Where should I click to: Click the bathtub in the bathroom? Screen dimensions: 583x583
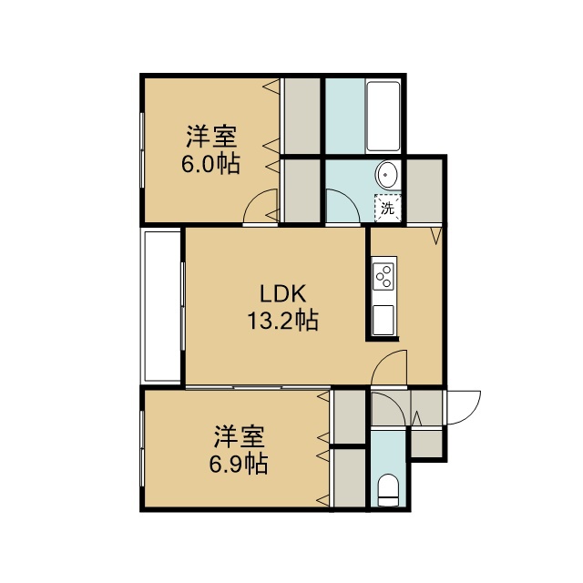tap(383, 116)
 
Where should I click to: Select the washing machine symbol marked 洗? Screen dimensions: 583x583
tap(388, 209)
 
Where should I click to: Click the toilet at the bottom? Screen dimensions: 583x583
tap(388, 489)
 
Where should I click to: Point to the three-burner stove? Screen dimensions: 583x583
tap(384, 276)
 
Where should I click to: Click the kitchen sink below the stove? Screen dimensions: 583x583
tap(384, 320)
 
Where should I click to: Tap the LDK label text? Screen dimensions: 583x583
tap(282, 293)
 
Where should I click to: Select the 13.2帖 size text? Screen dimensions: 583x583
tap(282, 321)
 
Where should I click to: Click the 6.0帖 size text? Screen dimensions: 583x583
tap(210, 164)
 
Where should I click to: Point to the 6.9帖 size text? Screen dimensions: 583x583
tap(239, 464)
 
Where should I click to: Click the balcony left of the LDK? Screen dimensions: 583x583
tap(162, 306)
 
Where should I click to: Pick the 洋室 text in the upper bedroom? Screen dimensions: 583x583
tap(211, 137)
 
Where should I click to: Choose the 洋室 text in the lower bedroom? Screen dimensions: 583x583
tap(239, 436)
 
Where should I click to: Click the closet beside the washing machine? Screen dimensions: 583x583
tap(424, 191)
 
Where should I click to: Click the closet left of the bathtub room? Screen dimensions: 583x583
tap(302, 116)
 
